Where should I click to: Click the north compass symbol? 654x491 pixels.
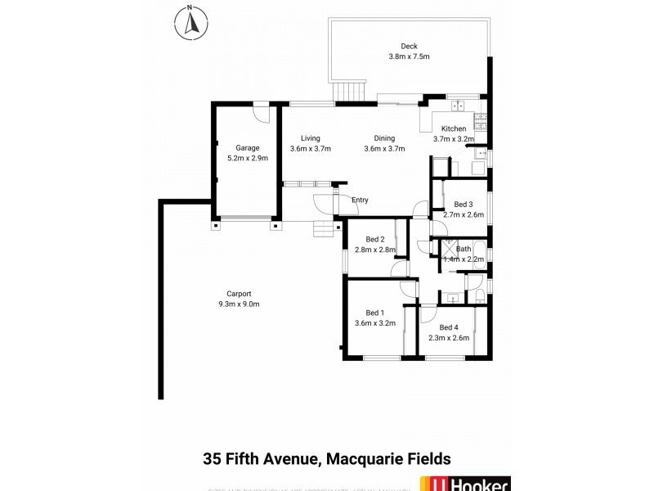[190, 22]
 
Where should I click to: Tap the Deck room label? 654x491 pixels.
[409, 46]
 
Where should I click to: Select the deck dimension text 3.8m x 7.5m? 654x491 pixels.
[409, 56]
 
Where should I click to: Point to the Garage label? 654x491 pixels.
[248, 147]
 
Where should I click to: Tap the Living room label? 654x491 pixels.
[310, 138]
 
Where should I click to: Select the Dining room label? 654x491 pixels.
[384, 138]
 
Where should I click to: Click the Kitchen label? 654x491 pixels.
[454, 128]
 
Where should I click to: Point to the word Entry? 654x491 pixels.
[360, 200]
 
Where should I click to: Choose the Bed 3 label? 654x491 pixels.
[464, 205]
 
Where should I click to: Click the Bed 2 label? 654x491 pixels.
[375, 239]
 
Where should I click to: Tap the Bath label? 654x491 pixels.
[464, 249]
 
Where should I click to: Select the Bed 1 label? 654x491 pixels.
[375, 313]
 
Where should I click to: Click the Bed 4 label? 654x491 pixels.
[449, 327]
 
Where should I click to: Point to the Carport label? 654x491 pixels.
[239, 294]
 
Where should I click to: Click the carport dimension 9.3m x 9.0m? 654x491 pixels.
[239, 304]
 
